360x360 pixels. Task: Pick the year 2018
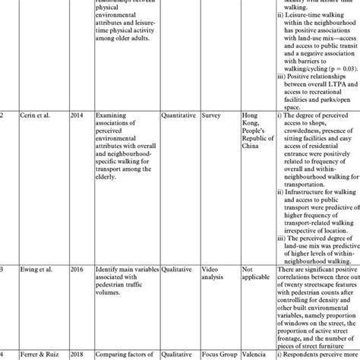76,354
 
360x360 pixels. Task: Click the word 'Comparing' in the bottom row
115,354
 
